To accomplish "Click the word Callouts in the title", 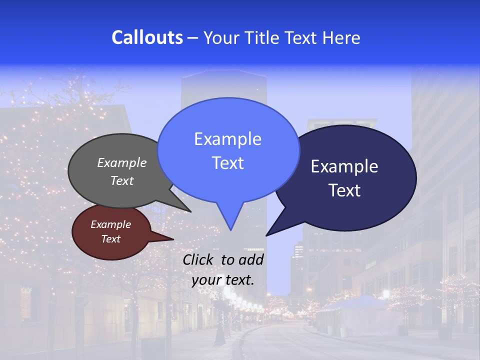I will pos(147,37).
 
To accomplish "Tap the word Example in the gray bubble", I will pos(122,162).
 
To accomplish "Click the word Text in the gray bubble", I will pos(122,180).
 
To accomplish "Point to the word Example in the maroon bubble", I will pos(111,224).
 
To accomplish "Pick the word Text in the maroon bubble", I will pos(111,239).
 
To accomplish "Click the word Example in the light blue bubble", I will pos(227,139).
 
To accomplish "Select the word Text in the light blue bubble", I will pos(227,163).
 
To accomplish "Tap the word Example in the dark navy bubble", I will pos(344,166).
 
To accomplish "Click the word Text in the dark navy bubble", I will pos(344,190).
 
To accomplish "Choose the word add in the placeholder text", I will pos(251,259).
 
